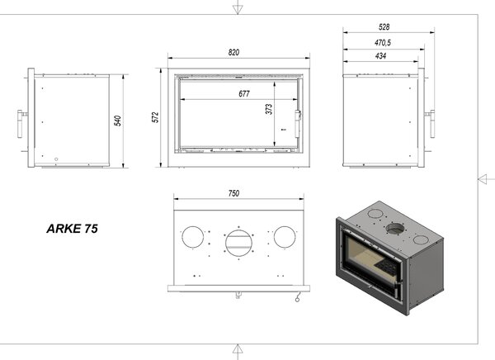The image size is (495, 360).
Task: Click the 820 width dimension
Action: click(233, 52)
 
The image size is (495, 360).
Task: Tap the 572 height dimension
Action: click(155, 117)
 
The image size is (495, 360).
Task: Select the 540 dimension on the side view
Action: click(117, 121)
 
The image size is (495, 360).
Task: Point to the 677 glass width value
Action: click(244, 93)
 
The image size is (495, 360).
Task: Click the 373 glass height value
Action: click(269, 109)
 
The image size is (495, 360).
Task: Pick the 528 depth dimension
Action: click(384, 27)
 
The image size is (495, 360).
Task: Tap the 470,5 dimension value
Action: click(383, 42)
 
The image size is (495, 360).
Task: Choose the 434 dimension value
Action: click(380, 56)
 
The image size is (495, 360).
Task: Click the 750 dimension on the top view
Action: click(233, 193)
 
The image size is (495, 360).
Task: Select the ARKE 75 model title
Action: click(73, 229)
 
